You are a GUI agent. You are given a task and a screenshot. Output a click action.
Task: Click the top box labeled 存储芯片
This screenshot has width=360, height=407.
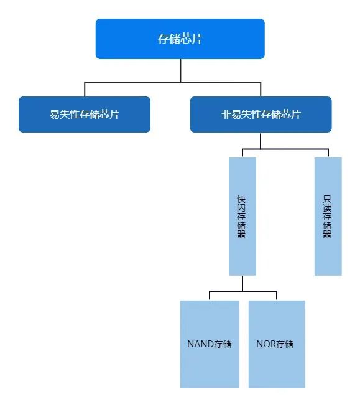click(180, 39)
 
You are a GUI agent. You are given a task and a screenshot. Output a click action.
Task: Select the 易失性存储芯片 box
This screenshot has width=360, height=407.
click(85, 115)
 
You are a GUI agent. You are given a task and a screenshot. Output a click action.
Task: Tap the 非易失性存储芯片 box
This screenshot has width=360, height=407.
click(261, 115)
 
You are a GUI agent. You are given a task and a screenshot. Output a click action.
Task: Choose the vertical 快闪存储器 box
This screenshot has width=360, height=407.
click(242, 216)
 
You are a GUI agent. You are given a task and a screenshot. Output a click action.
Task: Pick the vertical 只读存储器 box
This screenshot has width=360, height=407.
click(328, 216)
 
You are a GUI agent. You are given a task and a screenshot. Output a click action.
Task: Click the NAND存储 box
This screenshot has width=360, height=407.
click(210, 344)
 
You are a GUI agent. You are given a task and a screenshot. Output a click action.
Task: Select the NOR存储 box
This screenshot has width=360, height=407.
click(277, 344)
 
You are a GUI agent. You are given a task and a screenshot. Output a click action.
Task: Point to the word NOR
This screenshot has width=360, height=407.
click(266, 344)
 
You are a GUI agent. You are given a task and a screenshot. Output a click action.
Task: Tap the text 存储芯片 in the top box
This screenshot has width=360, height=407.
click(180, 39)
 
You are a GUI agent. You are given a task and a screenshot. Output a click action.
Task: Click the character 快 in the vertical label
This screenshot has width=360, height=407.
click(241, 200)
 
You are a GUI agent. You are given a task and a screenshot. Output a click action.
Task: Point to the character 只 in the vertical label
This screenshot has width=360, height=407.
click(327, 200)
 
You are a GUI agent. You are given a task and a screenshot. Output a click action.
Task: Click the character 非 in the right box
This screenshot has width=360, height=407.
click(226, 115)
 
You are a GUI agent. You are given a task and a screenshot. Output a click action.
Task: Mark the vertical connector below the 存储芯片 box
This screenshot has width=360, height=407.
click(180, 70)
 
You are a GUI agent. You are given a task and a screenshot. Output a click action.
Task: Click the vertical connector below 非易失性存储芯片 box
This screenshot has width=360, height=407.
click(261, 141)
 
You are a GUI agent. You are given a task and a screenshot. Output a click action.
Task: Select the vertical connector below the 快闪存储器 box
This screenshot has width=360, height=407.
click(242, 283)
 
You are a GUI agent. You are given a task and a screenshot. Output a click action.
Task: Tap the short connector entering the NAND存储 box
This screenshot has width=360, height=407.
click(210, 296)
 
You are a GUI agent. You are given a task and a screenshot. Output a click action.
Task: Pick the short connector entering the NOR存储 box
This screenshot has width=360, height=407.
click(277, 296)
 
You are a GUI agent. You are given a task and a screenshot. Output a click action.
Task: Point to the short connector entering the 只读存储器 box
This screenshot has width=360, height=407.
click(328, 153)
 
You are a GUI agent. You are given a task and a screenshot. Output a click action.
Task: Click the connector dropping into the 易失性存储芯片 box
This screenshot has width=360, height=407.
click(85, 90)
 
